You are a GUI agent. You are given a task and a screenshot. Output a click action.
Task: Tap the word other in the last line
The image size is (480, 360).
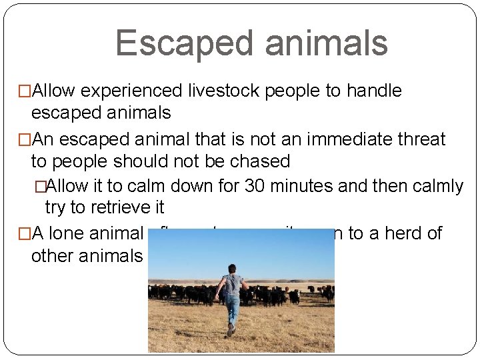point(55,257)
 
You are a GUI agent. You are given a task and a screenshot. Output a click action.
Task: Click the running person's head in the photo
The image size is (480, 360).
point(232,269)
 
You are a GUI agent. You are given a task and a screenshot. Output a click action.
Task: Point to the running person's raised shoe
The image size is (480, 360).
point(231,330)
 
